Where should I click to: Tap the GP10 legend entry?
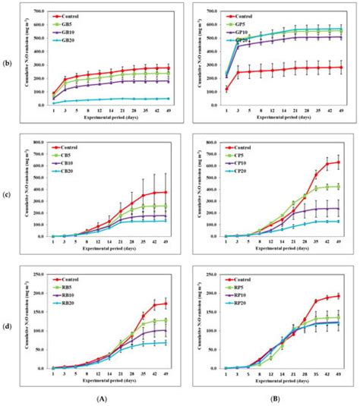click(244, 29)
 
